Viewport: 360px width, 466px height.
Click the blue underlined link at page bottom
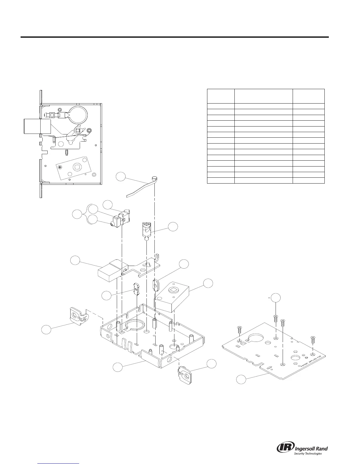(60, 462)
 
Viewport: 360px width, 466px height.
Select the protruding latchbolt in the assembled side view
(32, 126)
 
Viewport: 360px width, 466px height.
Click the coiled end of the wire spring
(154, 178)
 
